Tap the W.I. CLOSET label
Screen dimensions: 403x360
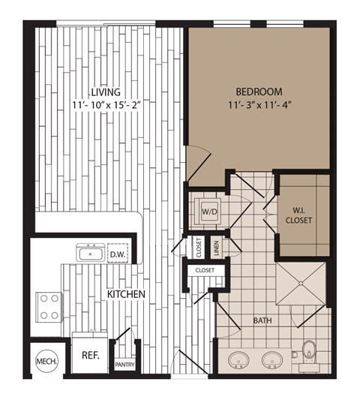pos(298,215)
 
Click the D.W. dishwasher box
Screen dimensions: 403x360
pos(117,253)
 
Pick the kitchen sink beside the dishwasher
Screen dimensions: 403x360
pos(90,253)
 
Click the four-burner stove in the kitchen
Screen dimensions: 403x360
pos(49,306)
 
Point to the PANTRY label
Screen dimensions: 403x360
pos(124,365)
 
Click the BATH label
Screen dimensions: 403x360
pos(262,320)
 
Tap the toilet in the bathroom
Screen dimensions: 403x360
pos(309,351)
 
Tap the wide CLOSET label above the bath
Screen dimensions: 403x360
pos(204,269)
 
